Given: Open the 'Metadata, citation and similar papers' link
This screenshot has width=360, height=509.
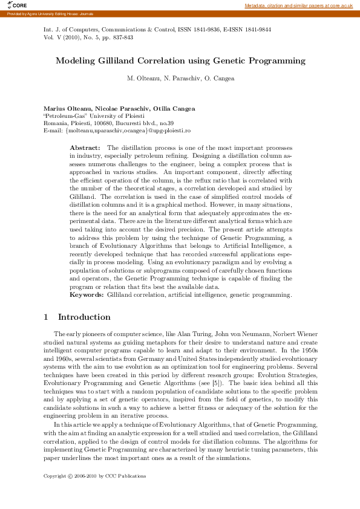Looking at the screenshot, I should pos(298,5).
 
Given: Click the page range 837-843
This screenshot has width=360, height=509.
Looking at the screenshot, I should pos(122,37).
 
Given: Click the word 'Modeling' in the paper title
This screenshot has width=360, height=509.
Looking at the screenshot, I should pos(74,61).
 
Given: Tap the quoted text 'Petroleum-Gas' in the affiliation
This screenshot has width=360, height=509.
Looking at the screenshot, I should pos(65,115).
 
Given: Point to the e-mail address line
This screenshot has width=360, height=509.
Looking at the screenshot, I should pos(117,130).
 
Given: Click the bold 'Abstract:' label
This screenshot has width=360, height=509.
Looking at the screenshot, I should pos(85,148).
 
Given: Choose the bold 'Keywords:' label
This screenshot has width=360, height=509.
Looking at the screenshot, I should pos(87,295).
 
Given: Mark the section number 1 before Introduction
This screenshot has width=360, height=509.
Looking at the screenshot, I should pos(47,317).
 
